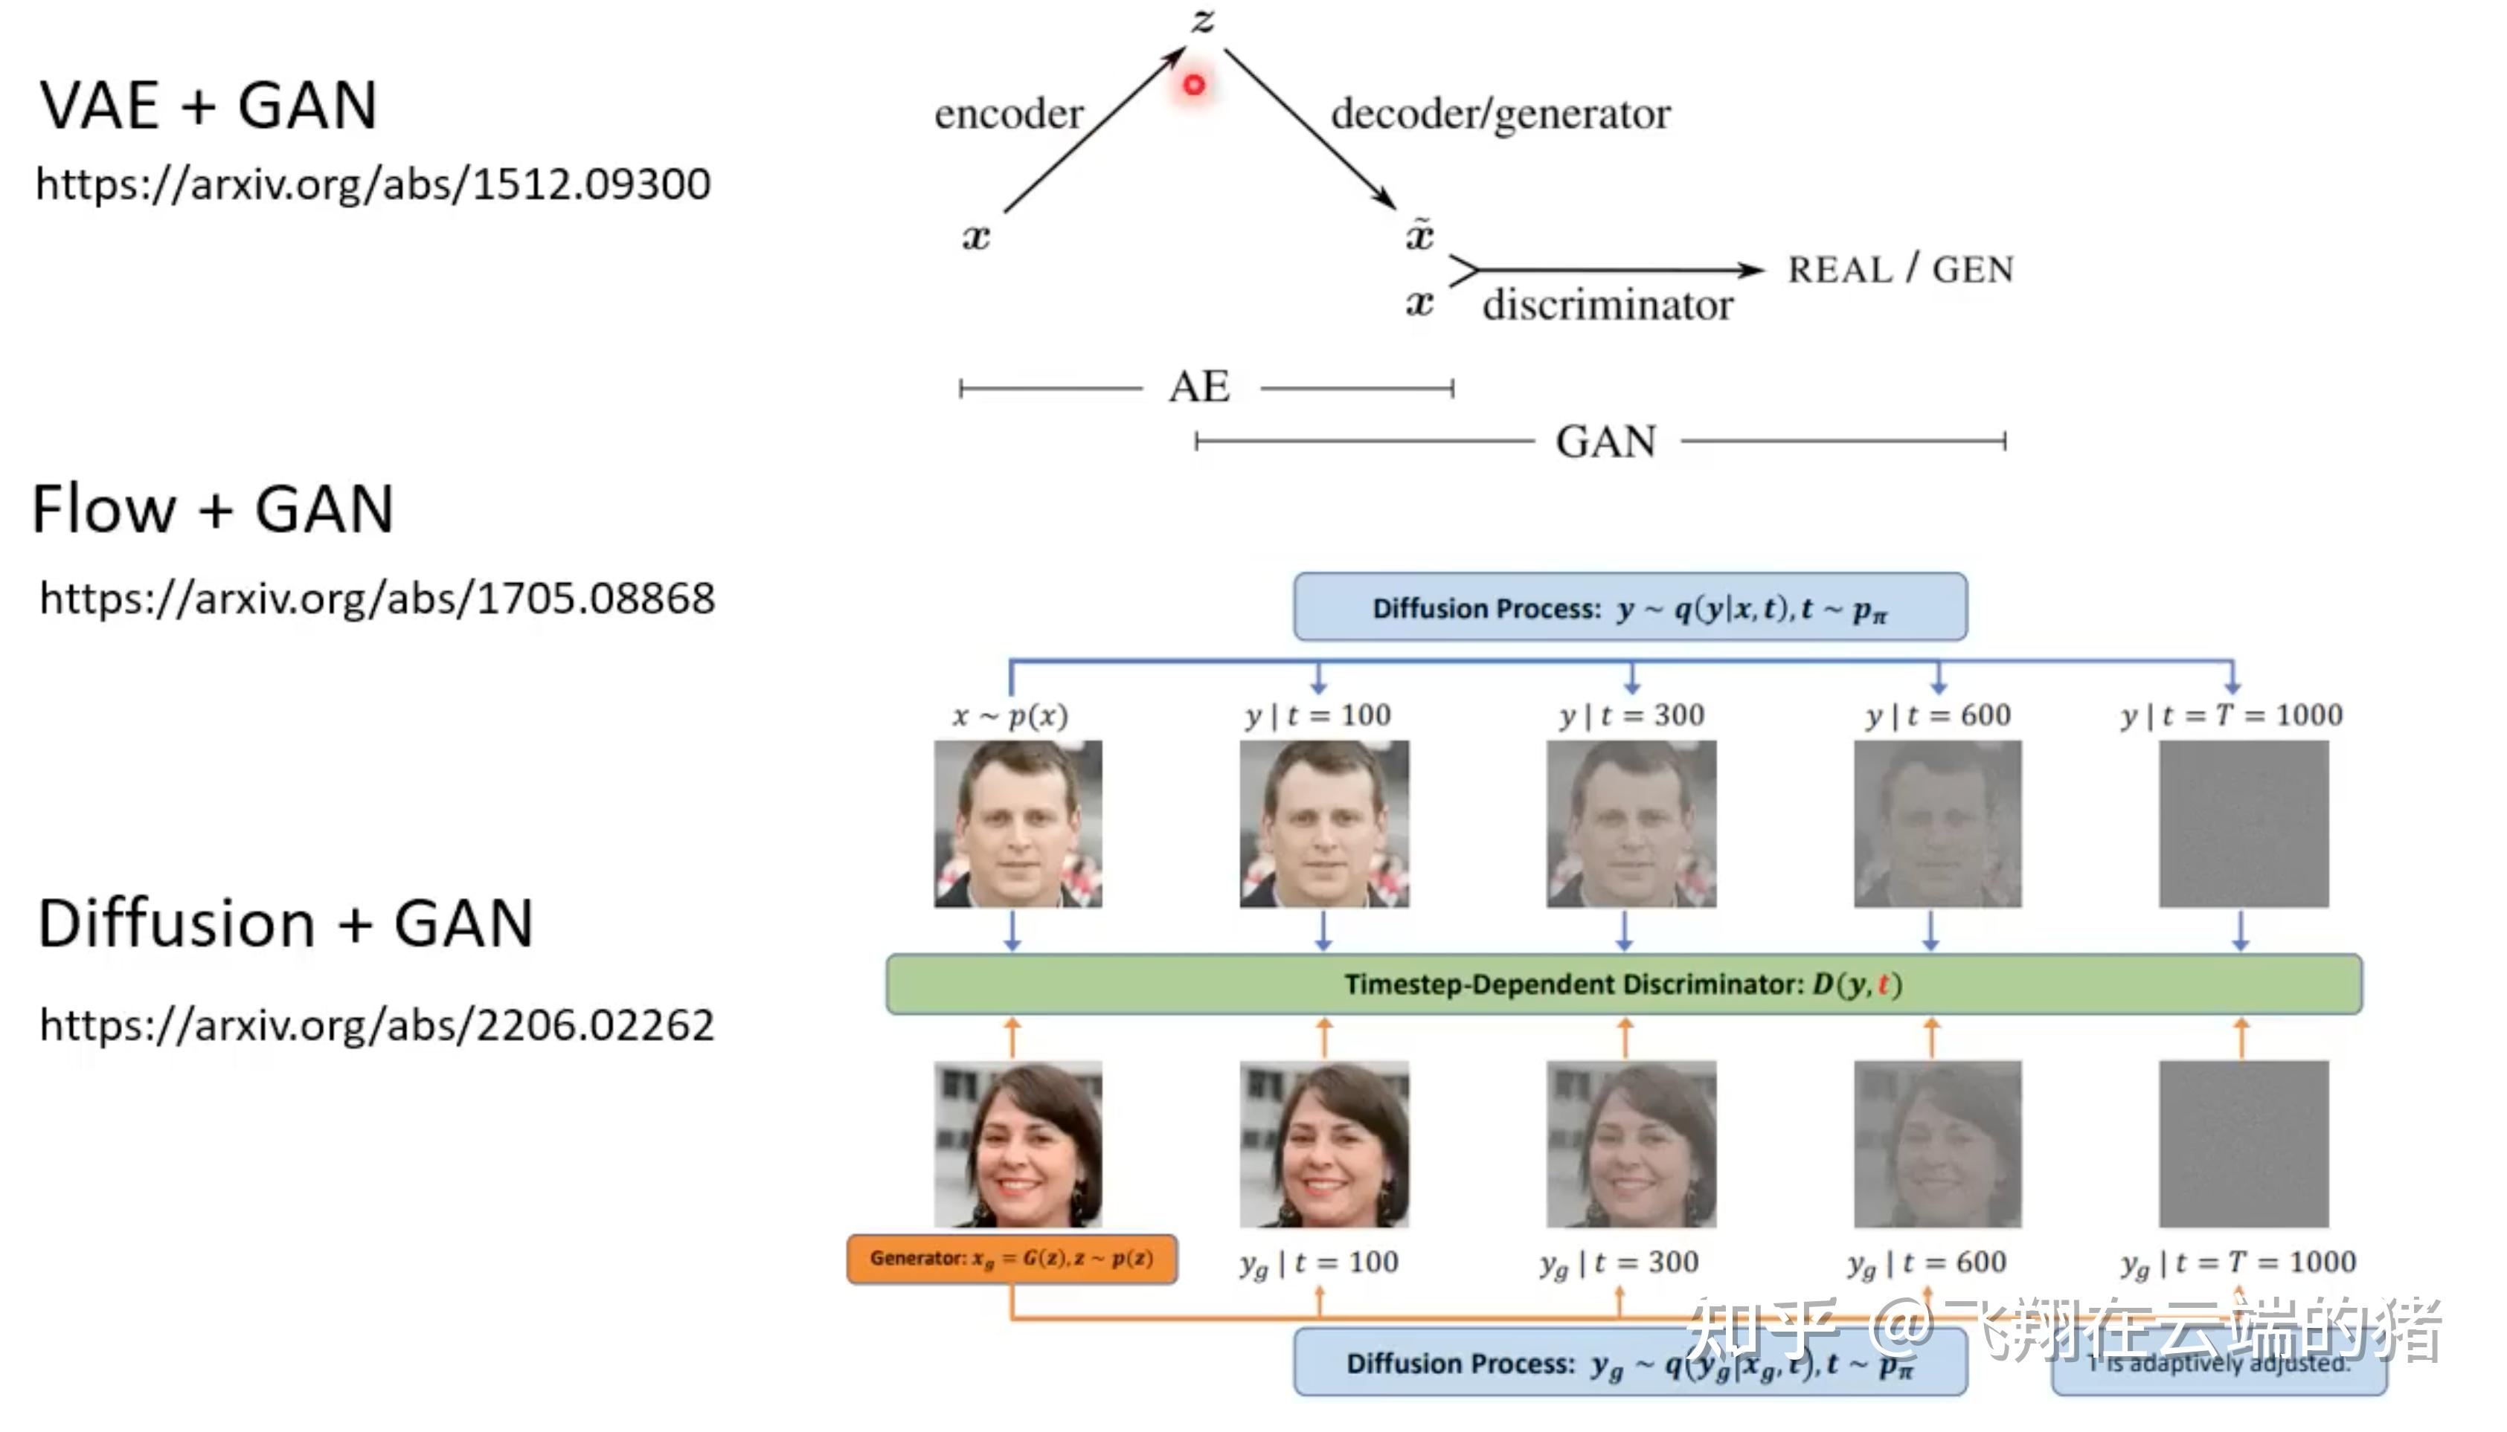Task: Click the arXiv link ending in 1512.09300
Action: tap(373, 184)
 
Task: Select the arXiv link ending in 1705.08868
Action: tap(377, 598)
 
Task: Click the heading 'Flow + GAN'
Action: tap(213, 509)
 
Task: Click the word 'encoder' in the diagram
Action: tap(1009, 114)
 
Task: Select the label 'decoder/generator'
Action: tap(1500, 114)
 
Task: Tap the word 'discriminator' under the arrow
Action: tap(1608, 305)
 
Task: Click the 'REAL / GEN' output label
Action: tap(1900, 269)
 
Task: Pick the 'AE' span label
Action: tap(1199, 387)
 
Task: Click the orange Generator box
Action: tap(1012, 1259)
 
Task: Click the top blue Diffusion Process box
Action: tap(1631, 607)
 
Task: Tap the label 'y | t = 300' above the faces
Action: tap(1631, 715)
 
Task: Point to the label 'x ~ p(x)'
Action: tap(1009, 715)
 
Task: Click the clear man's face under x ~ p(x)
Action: tap(1018, 825)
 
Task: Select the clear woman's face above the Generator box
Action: tap(1018, 1144)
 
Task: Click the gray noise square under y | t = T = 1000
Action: tap(2244, 825)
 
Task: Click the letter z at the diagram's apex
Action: tap(1202, 19)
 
